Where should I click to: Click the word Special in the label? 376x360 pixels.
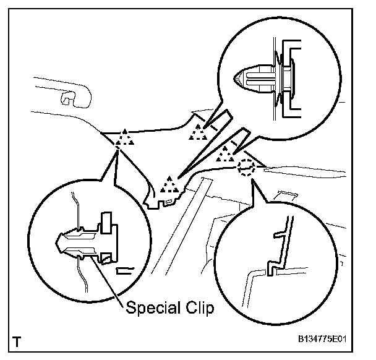click(147, 307)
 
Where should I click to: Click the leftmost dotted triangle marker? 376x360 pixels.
click(126, 138)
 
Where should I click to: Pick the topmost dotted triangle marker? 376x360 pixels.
click(198, 132)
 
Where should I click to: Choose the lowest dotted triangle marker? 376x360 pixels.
click(168, 184)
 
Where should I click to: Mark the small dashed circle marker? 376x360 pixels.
click(246, 166)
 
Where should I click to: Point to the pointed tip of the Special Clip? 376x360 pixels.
click(58, 239)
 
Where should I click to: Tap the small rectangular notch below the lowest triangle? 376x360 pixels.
click(168, 199)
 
